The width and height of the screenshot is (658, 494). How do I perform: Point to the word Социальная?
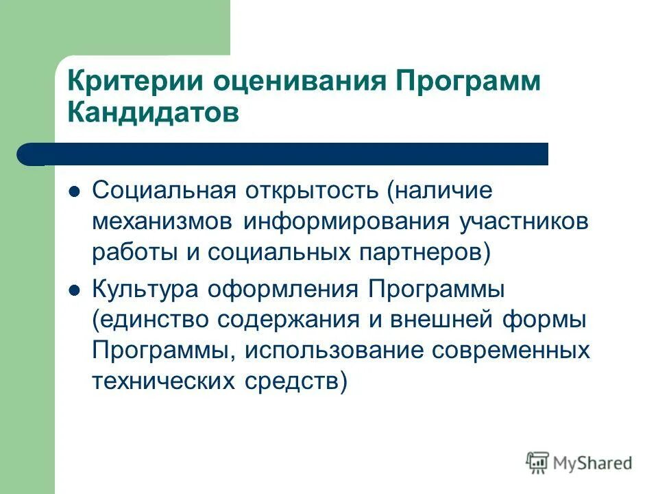coord(164,190)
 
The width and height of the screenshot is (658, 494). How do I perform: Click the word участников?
coord(524,222)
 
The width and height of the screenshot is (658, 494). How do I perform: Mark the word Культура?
coord(141,289)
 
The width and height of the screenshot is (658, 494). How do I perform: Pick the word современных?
coord(511,351)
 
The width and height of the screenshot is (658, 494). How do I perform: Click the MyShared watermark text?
coord(592,462)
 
